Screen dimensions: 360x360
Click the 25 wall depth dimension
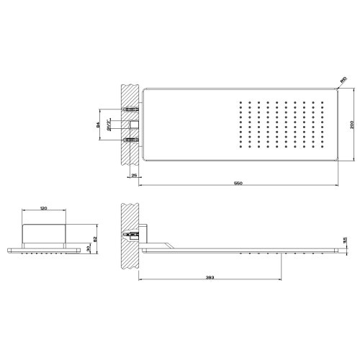pos(134,175)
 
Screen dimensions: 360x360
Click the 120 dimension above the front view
pos(43,208)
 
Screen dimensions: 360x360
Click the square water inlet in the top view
pos(133,124)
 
